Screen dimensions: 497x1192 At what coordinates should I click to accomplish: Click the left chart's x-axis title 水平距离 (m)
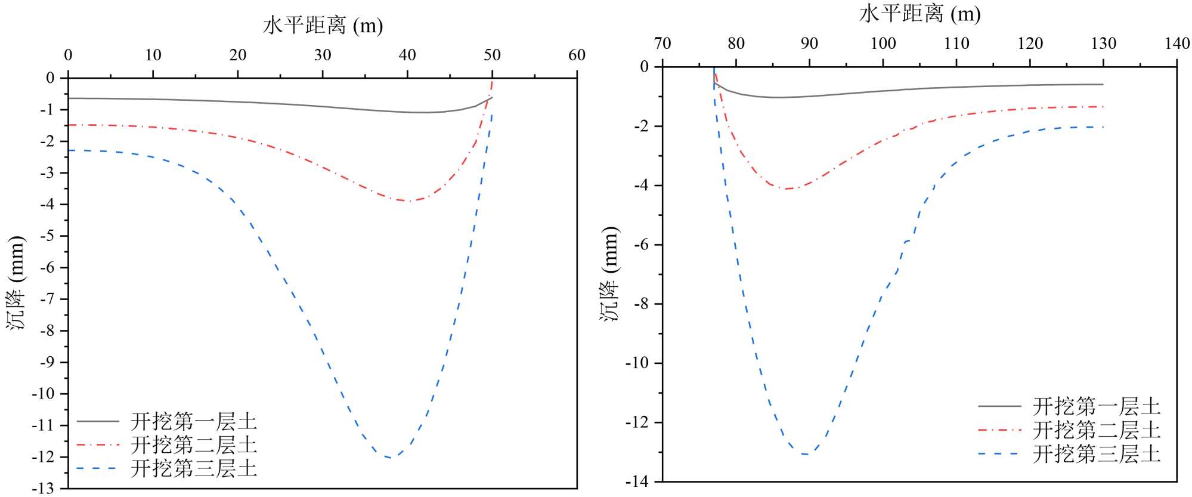[323, 25]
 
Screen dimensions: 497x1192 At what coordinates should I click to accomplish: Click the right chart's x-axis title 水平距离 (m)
[919, 13]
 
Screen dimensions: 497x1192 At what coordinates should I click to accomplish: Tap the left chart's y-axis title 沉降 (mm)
[17, 283]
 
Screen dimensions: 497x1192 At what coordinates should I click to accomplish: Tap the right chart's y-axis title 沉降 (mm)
[610, 274]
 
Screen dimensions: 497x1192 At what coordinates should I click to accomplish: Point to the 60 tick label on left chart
[577, 55]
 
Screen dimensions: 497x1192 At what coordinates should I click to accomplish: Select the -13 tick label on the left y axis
[42, 489]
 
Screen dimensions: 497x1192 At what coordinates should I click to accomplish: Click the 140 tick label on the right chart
[1177, 44]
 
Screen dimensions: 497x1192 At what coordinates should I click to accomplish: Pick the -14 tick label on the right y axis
[636, 481]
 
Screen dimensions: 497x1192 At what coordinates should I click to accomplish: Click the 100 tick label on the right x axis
[883, 44]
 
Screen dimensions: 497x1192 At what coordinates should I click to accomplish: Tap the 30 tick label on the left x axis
[323, 55]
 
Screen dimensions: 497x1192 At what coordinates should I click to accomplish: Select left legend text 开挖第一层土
[194, 422]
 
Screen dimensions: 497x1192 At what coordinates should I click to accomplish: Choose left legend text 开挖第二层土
[194, 445]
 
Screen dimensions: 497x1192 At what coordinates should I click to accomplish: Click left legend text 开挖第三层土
[194, 468]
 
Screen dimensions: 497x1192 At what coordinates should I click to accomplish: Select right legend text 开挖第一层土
[1097, 406]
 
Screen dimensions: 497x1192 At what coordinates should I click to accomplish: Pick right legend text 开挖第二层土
[1097, 430]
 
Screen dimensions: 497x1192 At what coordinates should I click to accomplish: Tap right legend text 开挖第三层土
[1097, 454]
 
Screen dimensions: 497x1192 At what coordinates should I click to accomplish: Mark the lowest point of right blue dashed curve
[806, 454]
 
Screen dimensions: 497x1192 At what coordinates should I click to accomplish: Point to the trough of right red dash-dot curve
[787, 189]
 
